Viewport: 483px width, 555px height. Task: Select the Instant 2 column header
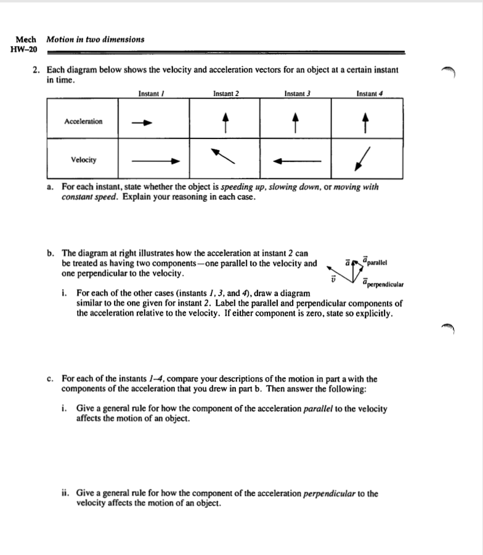coord(225,94)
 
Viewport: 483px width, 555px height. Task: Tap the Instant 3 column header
coord(296,94)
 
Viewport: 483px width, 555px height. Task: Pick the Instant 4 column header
coord(370,94)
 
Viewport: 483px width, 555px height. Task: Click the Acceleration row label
coord(83,121)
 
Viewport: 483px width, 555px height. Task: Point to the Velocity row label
coord(83,160)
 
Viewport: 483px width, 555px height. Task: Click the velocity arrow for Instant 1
coord(155,161)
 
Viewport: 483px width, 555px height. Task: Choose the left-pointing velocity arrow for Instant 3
coord(298,161)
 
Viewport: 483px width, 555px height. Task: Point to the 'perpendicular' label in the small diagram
coord(384,284)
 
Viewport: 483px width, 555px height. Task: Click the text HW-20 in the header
coord(24,49)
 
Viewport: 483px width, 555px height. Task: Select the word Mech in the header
coord(25,39)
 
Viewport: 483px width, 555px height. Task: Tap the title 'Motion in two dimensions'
coord(95,39)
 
